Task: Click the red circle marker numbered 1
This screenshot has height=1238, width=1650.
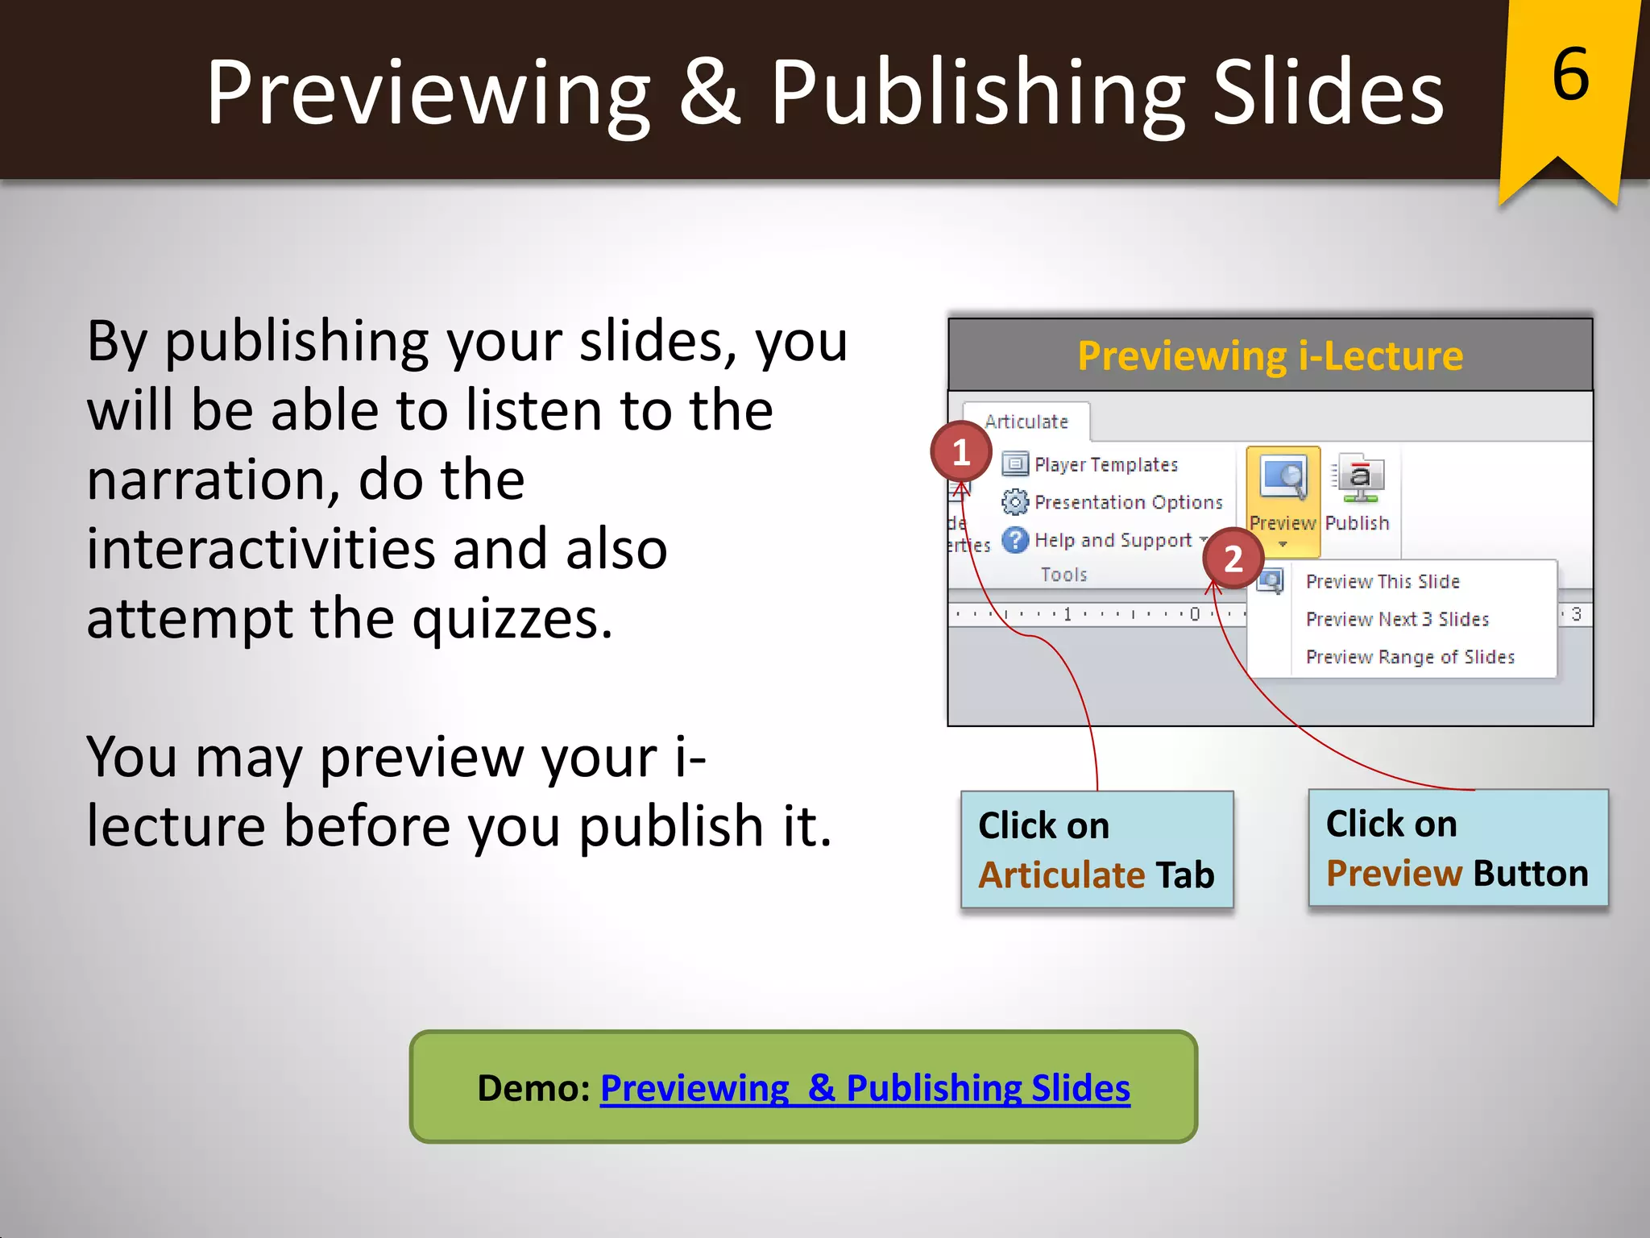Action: click(960, 452)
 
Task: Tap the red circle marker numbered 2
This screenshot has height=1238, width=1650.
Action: click(1233, 559)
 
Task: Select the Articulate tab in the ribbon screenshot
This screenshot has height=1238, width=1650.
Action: click(1026, 422)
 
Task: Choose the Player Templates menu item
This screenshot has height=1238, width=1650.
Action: click(1105, 465)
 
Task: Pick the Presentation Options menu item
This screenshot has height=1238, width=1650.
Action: click(1128, 503)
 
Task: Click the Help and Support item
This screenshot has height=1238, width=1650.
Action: click(1113, 541)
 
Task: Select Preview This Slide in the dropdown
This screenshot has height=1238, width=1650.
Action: click(1383, 582)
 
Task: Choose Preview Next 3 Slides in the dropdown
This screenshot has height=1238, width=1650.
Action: click(1397, 620)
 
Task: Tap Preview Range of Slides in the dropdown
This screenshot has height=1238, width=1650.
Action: click(1410, 658)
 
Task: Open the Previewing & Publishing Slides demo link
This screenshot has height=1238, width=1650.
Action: click(864, 1088)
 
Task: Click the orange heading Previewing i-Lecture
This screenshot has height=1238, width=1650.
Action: click(1271, 356)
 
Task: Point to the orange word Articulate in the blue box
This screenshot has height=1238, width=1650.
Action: click(1062, 875)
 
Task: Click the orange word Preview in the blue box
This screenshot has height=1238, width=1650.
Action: click(1394, 874)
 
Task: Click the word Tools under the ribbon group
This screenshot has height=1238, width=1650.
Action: click(1063, 575)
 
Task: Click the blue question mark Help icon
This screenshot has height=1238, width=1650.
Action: click(1015, 540)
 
